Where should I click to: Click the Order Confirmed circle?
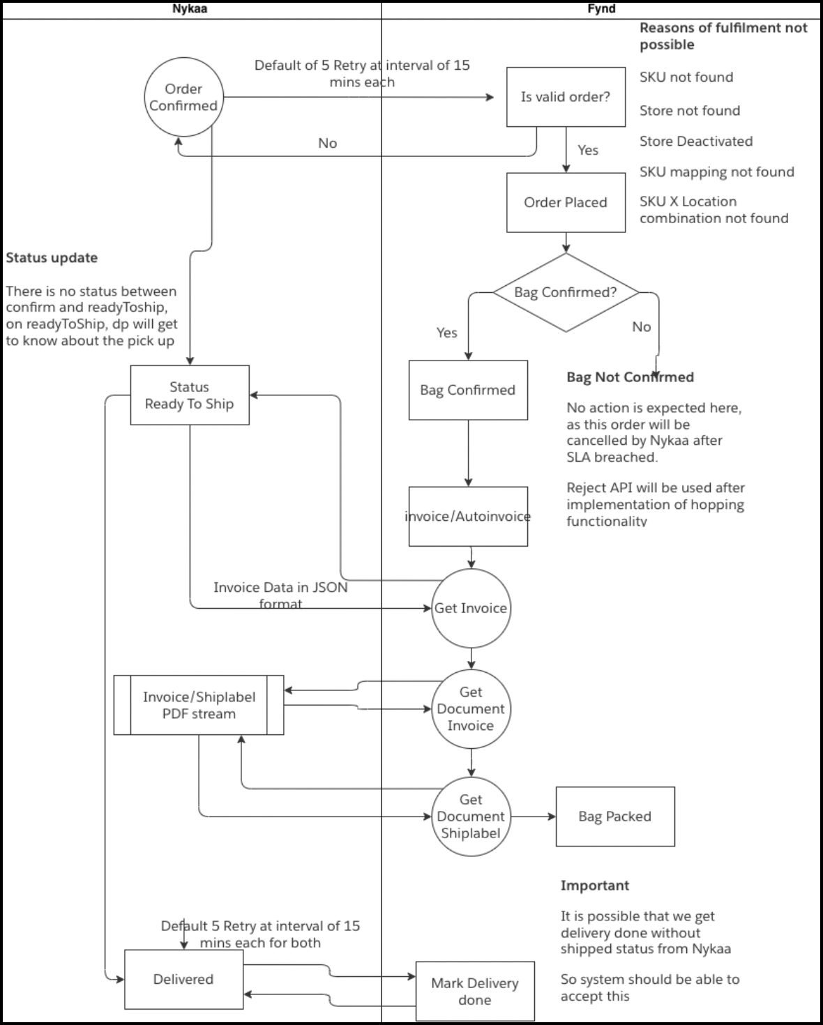pyautogui.click(x=183, y=97)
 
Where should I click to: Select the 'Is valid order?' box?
pyautogui.click(x=566, y=97)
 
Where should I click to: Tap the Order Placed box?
pyautogui.click(x=566, y=202)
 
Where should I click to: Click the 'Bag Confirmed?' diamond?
pyautogui.click(x=566, y=292)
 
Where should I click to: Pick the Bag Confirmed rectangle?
pyautogui.click(x=468, y=390)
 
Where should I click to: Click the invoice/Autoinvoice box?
pyautogui.click(x=468, y=517)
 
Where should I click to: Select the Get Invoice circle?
pyautogui.click(x=471, y=608)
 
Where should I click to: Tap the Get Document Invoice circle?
pyautogui.click(x=471, y=708)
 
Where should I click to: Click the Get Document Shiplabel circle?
pyautogui.click(x=471, y=816)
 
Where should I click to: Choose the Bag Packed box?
pyautogui.click(x=614, y=817)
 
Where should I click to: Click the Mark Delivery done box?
pyautogui.click(x=475, y=991)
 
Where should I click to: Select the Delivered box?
pyautogui.click(x=183, y=979)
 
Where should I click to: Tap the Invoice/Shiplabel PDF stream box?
pyautogui.click(x=199, y=705)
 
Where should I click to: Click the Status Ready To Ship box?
pyautogui.click(x=189, y=395)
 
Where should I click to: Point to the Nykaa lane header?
pyautogui.click(x=190, y=9)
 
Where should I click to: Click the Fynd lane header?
pyautogui.click(x=601, y=9)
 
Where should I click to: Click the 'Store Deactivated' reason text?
pyautogui.click(x=696, y=142)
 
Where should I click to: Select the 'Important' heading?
pyautogui.click(x=595, y=886)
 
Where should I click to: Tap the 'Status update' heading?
pyautogui.click(x=52, y=258)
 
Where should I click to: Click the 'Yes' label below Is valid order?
pyautogui.click(x=588, y=150)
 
